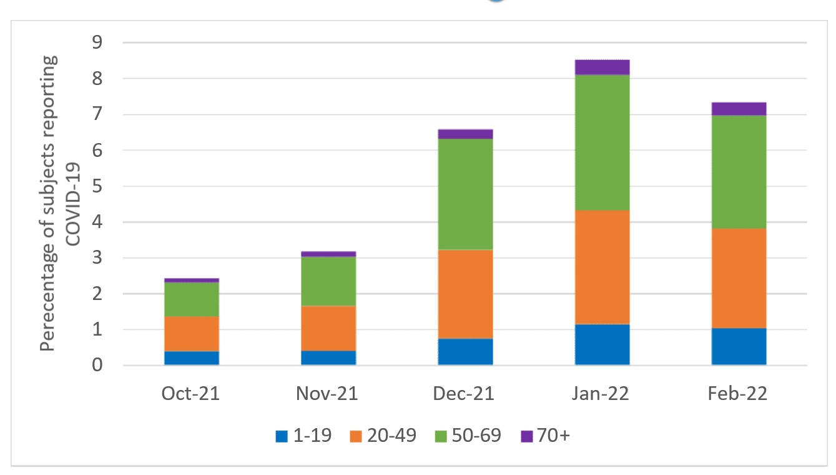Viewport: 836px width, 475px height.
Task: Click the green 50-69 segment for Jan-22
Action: [x=602, y=142]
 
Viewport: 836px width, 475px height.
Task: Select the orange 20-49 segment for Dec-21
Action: [x=465, y=294]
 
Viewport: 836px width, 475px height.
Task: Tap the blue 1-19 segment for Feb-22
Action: [x=739, y=346]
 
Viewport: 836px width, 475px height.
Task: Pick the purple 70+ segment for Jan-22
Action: [x=602, y=67]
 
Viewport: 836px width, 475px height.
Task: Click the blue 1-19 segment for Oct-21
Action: [x=191, y=358]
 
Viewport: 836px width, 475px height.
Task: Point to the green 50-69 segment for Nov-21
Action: [x=328, y=281]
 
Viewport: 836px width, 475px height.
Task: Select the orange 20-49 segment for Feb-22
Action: [x=739, y=278]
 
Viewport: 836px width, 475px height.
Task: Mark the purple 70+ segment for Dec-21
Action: [x=465, y=134]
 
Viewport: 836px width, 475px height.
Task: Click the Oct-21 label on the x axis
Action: [x=191, y=394]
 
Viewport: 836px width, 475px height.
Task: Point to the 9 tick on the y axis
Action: [x=97, y=43]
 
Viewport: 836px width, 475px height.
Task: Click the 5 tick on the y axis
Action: [x=97, y=186]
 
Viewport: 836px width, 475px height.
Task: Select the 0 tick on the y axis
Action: [x=97, y=365]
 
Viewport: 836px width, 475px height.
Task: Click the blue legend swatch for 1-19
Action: [x=282, y=436]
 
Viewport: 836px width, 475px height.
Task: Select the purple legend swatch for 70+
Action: [x=526, y=436]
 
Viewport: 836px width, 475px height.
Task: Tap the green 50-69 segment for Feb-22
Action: [x=739, y=172]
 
